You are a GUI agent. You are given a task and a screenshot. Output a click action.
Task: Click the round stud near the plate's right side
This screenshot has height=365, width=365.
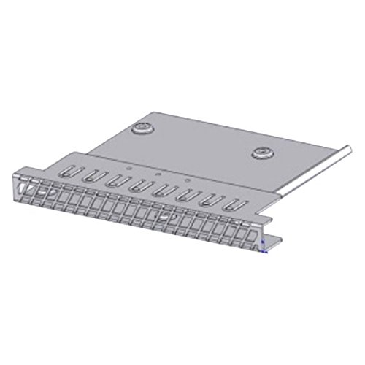point(261,152)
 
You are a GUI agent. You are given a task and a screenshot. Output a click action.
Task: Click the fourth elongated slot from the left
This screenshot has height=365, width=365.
point(137,185)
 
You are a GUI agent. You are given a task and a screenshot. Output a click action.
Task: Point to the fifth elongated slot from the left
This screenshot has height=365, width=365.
point(162,191)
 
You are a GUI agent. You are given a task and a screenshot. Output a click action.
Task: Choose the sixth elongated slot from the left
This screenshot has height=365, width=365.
point(186,195)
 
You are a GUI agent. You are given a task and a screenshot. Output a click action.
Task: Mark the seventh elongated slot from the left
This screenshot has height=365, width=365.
point(211,200)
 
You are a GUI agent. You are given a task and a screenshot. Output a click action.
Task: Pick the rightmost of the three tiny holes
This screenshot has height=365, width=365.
point(187,179)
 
